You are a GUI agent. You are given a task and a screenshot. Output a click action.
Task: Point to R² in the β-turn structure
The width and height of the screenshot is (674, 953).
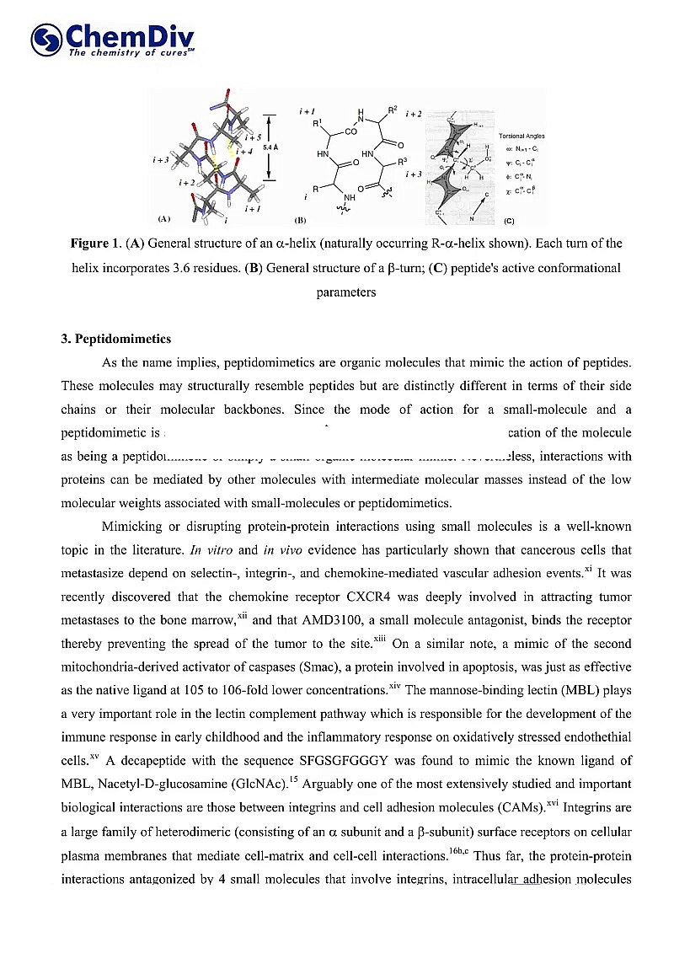[x=393, y=110]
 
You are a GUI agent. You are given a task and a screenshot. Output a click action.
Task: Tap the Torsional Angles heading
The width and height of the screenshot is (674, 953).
[x=522, y=136]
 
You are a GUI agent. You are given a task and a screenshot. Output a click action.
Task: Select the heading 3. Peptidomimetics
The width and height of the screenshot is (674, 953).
[x=115, y=339]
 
